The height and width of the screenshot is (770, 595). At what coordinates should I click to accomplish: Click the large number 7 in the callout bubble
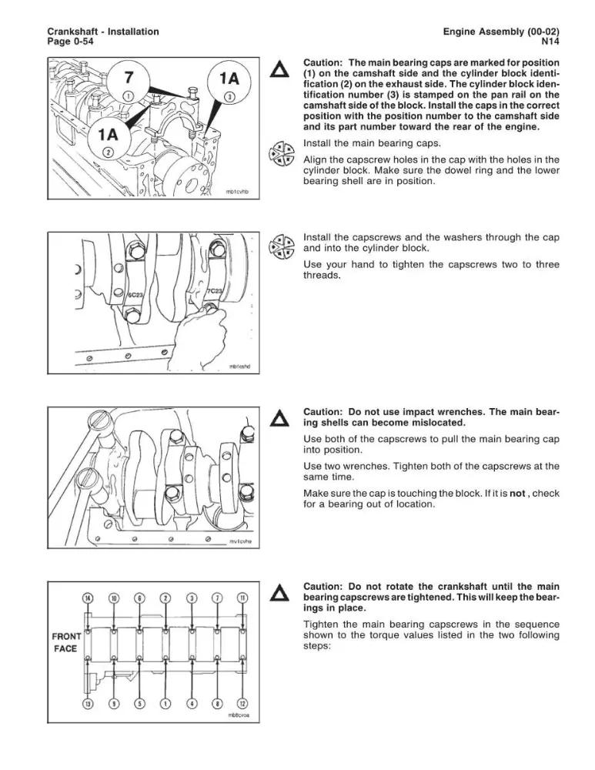click(129, 78)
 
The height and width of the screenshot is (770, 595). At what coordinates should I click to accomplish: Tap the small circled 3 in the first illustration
click(229, 96)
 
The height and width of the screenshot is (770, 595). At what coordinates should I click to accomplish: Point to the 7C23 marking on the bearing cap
click(215, 292)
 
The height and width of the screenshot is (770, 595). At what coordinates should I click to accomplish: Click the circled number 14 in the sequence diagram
click(88, 598)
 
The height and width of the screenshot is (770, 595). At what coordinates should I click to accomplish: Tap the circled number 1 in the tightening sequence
click(166, 703)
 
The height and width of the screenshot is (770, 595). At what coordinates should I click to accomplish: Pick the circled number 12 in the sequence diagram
click(242, 703)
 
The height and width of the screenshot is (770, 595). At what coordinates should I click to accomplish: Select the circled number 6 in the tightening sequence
click(140, 598)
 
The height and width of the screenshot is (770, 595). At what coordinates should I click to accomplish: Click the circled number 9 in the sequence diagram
click(114, 703)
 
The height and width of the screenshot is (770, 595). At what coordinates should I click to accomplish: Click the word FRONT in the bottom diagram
click(66, 637)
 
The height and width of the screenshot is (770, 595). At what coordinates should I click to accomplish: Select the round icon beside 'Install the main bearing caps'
click(281, 154)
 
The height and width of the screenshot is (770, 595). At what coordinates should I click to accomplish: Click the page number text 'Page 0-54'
click(70, 42)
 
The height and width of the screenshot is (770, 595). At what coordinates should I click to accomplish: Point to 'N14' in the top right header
click(550, 42)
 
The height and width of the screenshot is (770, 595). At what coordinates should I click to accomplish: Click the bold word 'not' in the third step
click(517, 493)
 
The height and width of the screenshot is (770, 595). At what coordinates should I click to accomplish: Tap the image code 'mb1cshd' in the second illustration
click(239, 367)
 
